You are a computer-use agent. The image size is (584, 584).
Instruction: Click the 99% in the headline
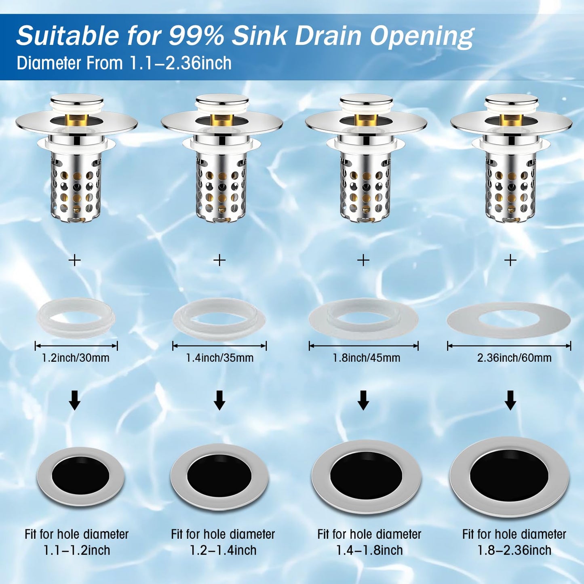point(196,36)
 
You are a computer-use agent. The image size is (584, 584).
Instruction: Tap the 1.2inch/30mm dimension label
point(76,358)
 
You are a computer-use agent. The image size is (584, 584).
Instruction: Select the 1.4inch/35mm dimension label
point(219,358)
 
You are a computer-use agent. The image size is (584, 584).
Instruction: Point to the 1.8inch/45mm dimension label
point(366,358)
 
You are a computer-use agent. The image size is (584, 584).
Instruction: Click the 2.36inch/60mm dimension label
point(514,358)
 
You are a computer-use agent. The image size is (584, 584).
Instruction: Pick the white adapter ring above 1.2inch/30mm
point(76,318)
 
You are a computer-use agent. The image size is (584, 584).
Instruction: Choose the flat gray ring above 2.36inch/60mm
point(508,320)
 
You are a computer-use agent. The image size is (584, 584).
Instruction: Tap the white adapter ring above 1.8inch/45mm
point(363,319)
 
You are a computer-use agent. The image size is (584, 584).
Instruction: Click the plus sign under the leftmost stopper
point(75,260)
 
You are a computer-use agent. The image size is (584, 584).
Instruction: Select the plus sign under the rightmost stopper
point(510,260)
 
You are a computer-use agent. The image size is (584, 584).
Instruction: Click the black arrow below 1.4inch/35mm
point(219,400)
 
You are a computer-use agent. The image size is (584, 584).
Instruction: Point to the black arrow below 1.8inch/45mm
point(363,400)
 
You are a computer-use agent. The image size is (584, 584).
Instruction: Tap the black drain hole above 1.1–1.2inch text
point(80,475)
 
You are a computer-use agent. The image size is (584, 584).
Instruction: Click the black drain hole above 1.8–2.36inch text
point(509,476)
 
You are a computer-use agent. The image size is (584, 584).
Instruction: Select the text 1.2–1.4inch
point(223,550)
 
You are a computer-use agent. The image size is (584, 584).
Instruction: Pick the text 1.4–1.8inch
point(369,550)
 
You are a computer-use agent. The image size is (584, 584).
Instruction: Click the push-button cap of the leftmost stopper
point(77,100)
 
